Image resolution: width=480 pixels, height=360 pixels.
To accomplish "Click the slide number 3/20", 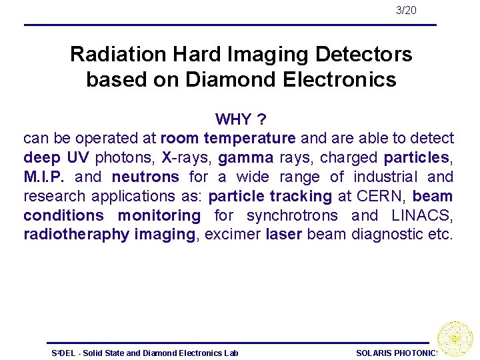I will coord(405,10).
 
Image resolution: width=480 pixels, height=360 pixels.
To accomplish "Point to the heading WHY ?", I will coord(241,119).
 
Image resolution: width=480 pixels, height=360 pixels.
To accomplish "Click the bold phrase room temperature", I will coord(228,138).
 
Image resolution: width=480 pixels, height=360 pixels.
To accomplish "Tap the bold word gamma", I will coord(245,157).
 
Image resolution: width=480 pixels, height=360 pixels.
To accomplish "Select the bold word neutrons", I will coord(145,177).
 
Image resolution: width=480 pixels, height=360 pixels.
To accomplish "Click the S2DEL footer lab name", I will coord(145,353).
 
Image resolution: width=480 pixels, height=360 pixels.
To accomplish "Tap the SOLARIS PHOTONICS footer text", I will coord(397,353).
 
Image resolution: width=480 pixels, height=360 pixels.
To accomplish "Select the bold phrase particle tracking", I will coord(270,196).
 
